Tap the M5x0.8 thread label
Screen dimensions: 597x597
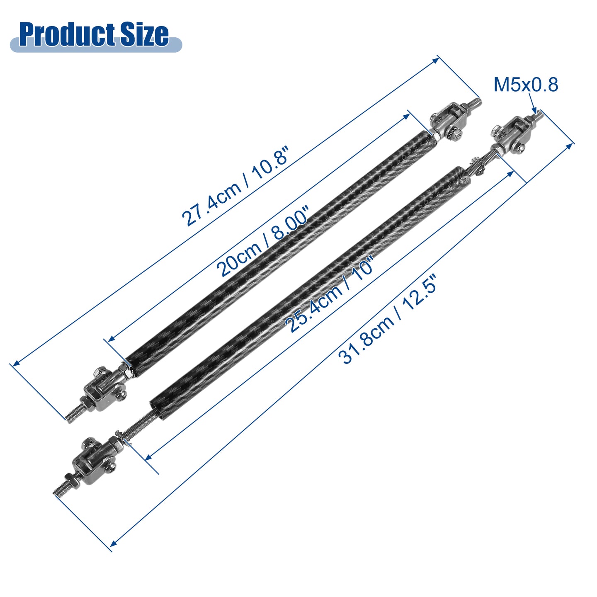click(x=526, y=85)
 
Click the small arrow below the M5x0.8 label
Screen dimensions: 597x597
click(x=532, y=104)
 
